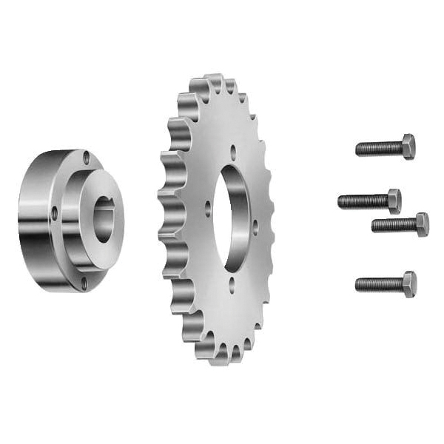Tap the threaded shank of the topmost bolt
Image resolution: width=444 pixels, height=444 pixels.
[x=378, y=148]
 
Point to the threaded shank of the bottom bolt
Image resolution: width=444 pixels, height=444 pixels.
[x=378, y=284]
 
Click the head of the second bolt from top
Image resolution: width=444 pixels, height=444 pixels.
[x=394, y=201]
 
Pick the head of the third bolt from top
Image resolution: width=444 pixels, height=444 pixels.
[x=421, y=223]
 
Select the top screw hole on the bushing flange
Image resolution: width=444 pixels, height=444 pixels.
[x=87, y=157]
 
